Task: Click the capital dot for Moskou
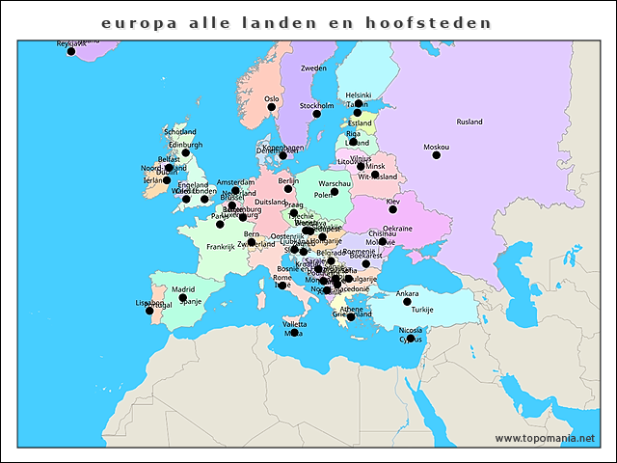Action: coord(436,155)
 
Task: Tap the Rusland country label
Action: coord(469,123)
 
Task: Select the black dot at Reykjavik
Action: coord(70,51)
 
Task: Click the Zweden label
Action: coord(313,68)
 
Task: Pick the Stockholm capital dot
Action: coord(316,114)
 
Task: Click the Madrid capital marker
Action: coord(182,297)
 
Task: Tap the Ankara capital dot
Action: coord(407,302)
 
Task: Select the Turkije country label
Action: coord(422,310)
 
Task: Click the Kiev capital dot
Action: coord(392,209)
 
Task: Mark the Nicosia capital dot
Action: coord(410,339)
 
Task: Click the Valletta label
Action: coord(294,324)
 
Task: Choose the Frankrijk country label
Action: coord(221,247)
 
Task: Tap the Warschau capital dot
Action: coord(335,191)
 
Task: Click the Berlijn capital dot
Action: coord(287,189)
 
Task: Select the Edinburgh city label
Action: coord(185,145)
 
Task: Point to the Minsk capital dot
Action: coord(361,167)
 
